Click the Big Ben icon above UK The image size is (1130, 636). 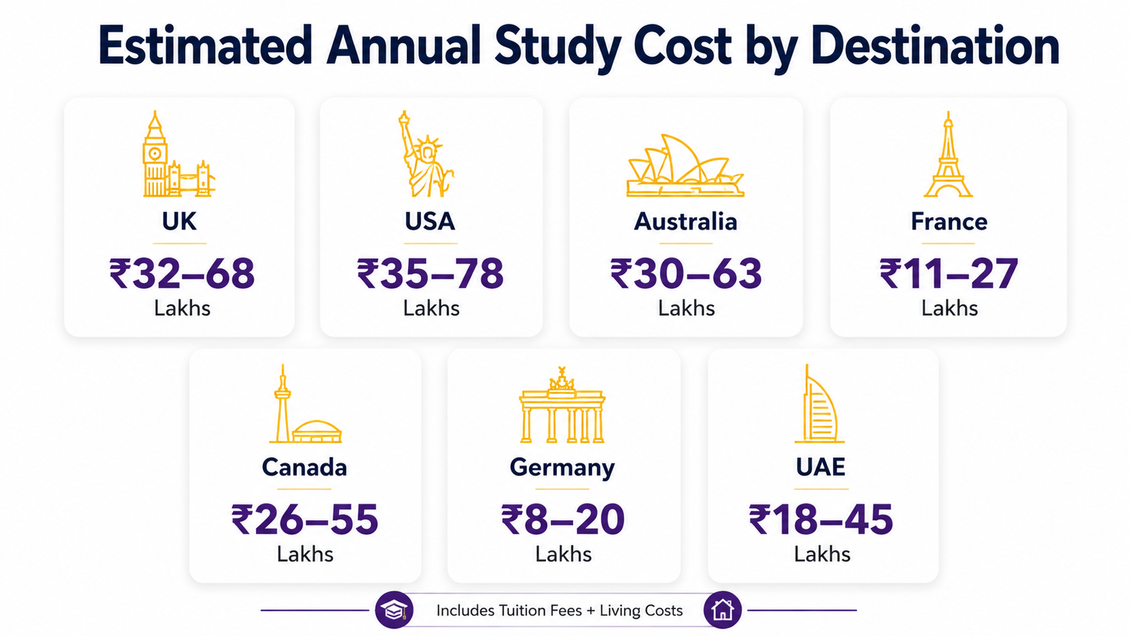click(179, 154)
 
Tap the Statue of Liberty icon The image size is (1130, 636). click(426, 154)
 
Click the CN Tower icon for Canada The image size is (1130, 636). click(305, 403)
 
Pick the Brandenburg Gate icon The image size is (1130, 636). click(562, 404)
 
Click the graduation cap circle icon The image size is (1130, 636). click(394, 610)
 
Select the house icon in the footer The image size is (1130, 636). click(722, 610)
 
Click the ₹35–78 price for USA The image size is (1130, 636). click(431, 273)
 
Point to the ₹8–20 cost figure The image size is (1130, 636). click(562, 520)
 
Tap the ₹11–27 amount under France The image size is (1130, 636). click(948, 273)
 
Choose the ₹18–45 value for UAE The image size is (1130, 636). click(820, 520)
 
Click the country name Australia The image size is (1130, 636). click(685, 222)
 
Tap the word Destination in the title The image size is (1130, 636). click(935, 46)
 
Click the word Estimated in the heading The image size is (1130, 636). click(205, 46)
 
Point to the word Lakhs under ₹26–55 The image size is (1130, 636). click(305, 554)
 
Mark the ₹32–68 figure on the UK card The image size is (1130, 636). click(182, 273)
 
